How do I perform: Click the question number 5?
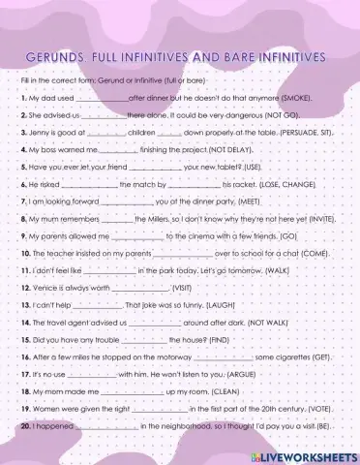pyautogui.click(x=22, y=166)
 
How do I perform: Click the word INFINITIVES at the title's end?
pyautogui.click(x=300, y=57)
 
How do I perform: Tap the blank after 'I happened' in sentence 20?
pyautogui.click(x=110, y=426)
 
